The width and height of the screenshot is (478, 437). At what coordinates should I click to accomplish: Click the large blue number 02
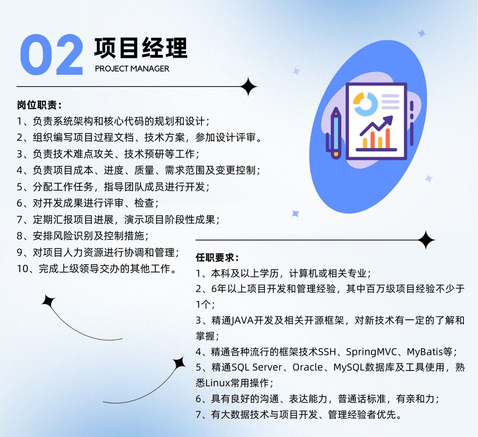52,54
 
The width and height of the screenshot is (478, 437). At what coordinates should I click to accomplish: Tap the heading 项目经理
140,48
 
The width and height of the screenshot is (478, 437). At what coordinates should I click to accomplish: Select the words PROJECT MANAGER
132,69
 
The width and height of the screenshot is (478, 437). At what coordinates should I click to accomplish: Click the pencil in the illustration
335,133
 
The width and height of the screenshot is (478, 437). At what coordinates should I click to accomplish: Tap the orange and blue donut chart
365,104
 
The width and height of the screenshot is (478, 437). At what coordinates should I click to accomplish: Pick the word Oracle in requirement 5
308,367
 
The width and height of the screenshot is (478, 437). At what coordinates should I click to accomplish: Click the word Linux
218,383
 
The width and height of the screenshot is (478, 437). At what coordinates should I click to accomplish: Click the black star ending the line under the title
249,87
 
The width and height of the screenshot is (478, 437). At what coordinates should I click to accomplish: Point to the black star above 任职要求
426,240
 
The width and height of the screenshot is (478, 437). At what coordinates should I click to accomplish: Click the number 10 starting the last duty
22,269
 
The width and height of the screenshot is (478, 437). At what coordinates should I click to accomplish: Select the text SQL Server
257,367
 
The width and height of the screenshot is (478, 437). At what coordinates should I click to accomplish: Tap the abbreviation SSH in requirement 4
327,352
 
